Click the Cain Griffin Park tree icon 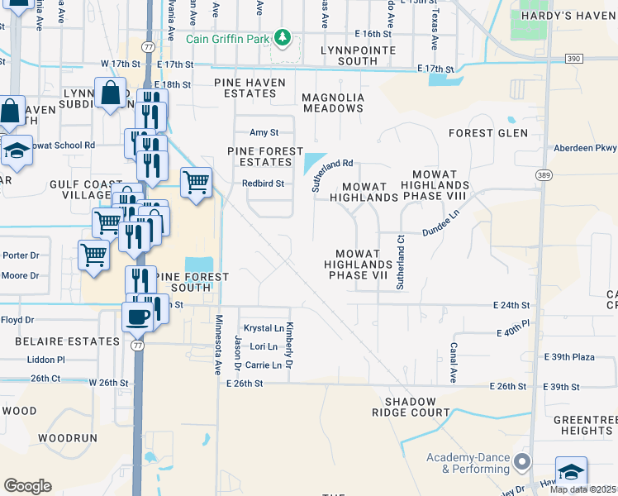pos(283,37)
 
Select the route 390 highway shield pos(574,59)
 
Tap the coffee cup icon pos(136,316)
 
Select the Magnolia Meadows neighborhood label pos(333,103)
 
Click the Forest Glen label pos(487,133)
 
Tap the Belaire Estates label pos(60,341)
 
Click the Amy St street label pos(264,132)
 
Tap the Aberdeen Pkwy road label pos(587,148)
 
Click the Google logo pos(27,486)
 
